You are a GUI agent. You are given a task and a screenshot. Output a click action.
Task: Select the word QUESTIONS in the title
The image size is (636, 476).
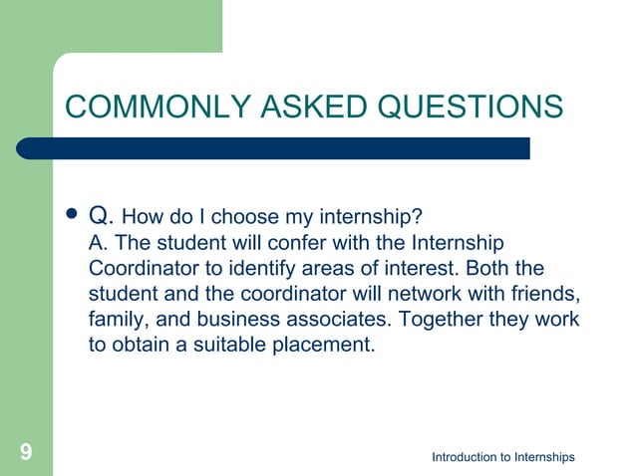point(476,107)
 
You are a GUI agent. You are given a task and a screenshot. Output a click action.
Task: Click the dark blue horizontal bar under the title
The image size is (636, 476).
point(289,148)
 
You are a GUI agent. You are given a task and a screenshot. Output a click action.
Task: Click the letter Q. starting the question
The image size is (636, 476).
point(102,216)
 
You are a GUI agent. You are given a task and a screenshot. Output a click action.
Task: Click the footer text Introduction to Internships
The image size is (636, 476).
point(502,457)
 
